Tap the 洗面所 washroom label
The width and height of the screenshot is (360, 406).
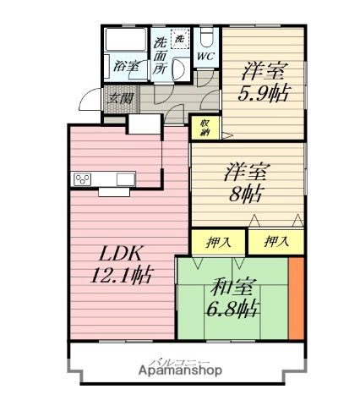pyautogui.click(x=161, y=56)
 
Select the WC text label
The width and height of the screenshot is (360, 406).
pyautogui.click(x=205, y=58)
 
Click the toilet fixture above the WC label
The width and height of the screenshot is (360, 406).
pyautogui.click(x=205, y=38)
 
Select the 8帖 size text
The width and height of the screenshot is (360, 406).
pyautogui.click(x=245, y=193)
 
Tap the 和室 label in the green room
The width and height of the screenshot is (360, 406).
pyautogui.click(x=230, y=285)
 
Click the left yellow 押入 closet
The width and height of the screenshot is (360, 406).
pyautogui.click(x=217, y=242)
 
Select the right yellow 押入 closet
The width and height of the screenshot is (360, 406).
pyautogui.click(x=275, y=242)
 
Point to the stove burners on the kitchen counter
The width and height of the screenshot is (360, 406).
pyautogui.click(x=85, y=178)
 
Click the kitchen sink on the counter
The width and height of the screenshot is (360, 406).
pyautogui.click(x=125, y=178)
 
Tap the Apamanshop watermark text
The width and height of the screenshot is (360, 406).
pyautogui.click(x=177, y=370)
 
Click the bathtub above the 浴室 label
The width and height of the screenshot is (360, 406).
pyautogui.click(x=124, y=41)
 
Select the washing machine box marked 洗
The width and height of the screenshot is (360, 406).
pyautogui.click(x=178, y=38)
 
